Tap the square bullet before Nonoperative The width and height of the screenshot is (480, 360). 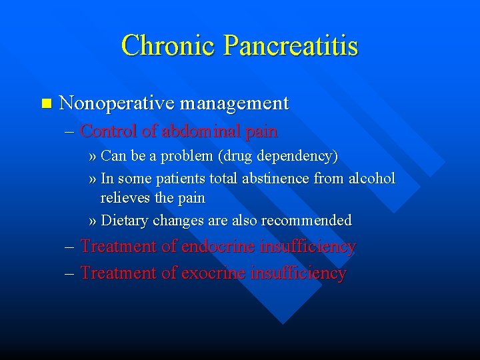(x=45, y=103)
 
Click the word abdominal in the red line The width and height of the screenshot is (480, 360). (x=199, y=131)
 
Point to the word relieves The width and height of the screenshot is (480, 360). (x=125, y=199)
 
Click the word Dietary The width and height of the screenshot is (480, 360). (x=124, y=221)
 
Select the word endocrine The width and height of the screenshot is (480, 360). (x=219, y=247)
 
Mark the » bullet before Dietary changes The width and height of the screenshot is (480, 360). (x=93, y=221)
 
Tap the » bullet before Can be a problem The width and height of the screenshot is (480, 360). (x=93, y=157)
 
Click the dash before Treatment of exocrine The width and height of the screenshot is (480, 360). (x=71, y=273)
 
